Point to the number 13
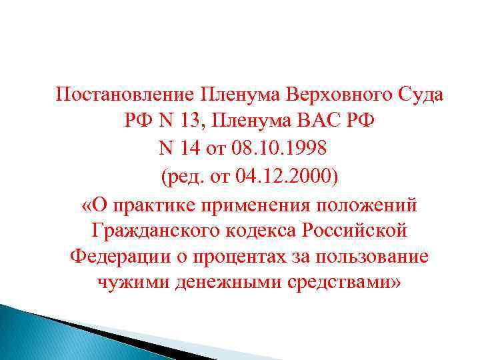[x=189, y=121]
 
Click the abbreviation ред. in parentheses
[x=181, y=176]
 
